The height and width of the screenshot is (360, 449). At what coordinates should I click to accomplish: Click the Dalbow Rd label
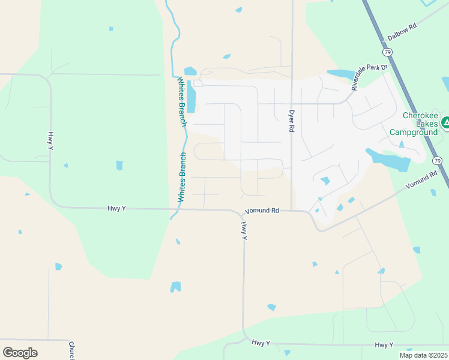pos(402,32)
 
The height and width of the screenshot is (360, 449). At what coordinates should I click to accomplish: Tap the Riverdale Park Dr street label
pos(370,77)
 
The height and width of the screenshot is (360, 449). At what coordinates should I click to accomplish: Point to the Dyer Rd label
pos(292,120)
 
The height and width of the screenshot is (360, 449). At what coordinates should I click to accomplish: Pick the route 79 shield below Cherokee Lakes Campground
pos(438,160)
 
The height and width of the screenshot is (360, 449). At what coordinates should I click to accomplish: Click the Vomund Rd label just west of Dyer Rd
pos(262,211)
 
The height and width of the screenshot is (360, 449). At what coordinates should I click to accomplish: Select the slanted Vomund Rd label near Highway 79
pos(422,181)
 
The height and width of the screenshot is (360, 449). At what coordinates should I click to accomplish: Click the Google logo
pos(20,353)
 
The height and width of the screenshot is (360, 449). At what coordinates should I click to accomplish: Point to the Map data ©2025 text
pos(423,355)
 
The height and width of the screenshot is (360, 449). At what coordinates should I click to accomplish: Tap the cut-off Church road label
pos(71,350)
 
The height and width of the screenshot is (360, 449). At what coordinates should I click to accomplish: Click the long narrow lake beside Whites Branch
pos(191,96)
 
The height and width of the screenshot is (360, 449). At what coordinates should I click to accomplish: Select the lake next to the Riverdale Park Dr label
pos(341,75)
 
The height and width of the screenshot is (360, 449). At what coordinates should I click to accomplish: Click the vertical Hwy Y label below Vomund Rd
pos(244,230)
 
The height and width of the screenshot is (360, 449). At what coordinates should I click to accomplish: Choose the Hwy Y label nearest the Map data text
pos(384,344)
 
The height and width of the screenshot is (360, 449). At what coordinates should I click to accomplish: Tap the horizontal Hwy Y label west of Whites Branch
pos(116,208)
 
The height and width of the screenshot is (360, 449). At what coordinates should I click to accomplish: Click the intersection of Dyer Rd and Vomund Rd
pos(292,211)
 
